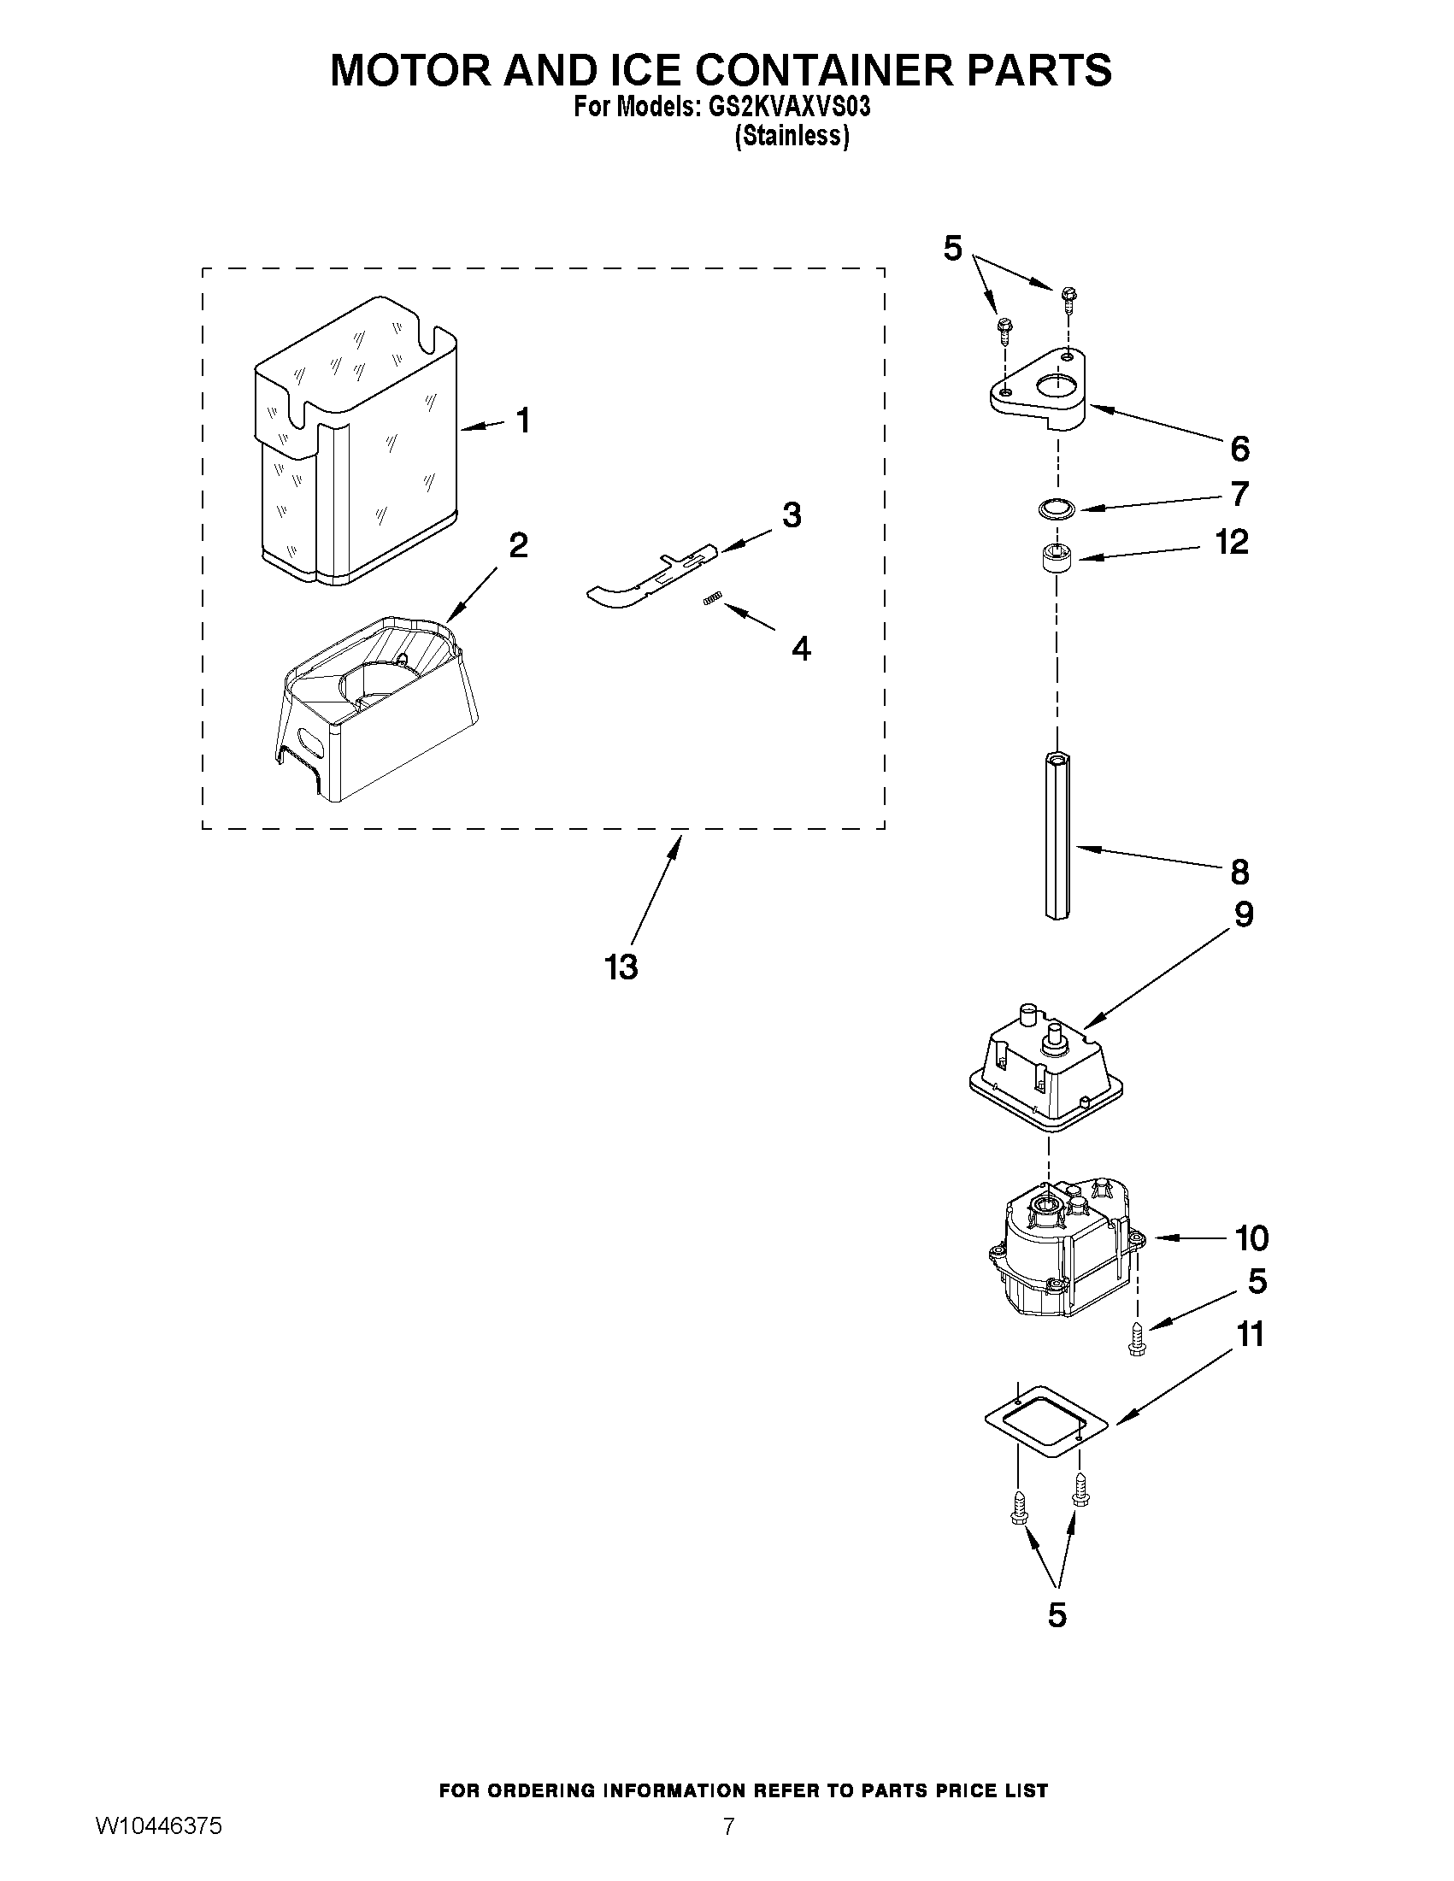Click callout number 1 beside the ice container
[x=522, y=421]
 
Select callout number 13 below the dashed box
[x=621, y=967]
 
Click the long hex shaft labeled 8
[x=1057, y=834]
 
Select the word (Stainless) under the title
[x=791, y=136]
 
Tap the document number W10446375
[x=158, y=1850]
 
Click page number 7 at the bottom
[x=729, y=1850]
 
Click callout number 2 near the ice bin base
[x=518, y=545]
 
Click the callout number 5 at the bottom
[x=1057, y=1615]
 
